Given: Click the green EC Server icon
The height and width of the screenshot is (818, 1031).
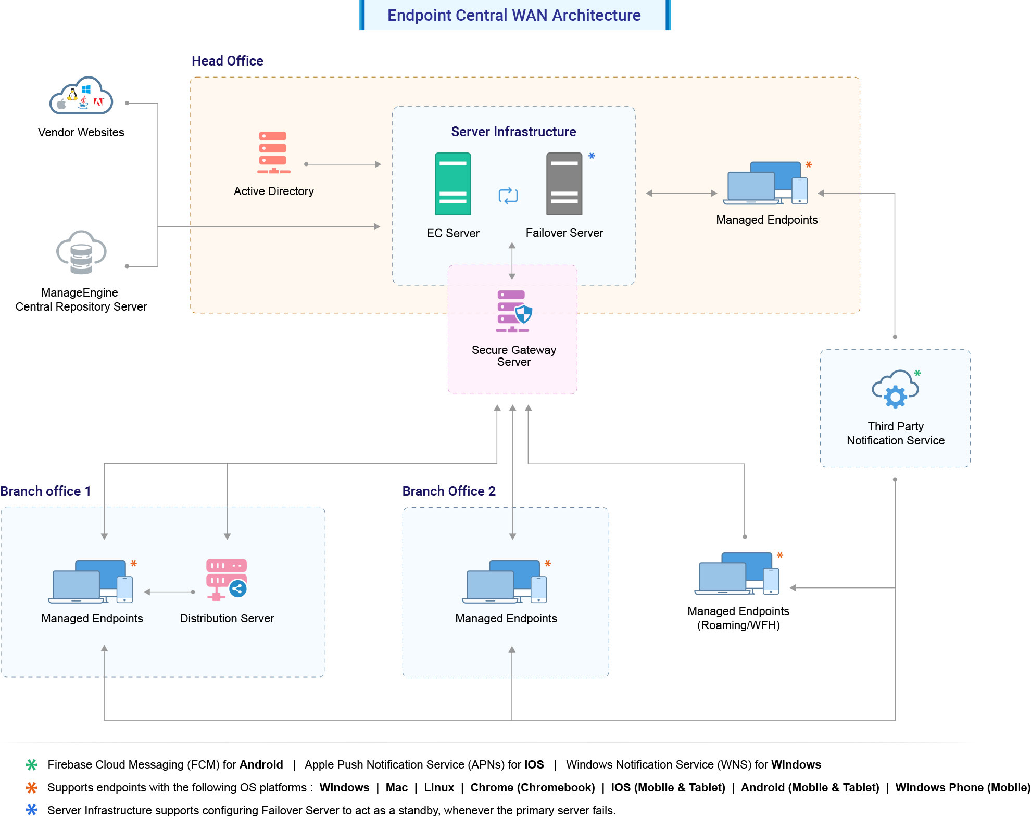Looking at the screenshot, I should click(452, 184).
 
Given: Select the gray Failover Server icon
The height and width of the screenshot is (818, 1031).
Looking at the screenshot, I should click(564, 184).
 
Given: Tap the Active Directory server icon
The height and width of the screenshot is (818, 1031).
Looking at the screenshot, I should click(273, 152).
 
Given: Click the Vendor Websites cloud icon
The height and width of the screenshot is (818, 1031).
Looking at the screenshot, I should click(81, 96).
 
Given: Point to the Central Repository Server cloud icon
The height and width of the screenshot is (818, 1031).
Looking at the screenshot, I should click(81, 252).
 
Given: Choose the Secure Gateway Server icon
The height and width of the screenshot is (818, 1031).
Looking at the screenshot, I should click(513, 311).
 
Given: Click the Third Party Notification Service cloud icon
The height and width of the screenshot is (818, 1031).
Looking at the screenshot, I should click(895, 389).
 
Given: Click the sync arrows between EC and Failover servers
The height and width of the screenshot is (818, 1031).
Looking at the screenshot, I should click(508, 196).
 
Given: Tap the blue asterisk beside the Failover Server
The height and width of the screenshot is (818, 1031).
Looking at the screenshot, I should click(592, 156).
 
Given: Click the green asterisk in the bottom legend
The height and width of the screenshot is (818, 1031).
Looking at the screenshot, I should click(32, 764).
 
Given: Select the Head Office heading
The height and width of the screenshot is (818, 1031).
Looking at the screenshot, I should click(228, 61).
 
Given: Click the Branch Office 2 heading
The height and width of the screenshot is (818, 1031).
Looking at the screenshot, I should click(449, 491).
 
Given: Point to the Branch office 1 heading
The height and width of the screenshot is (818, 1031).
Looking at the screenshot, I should click(46, 491).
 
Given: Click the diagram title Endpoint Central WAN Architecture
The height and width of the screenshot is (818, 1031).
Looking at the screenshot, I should click(514, 15).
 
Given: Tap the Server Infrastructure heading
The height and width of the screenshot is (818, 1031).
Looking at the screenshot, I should click(513, 132).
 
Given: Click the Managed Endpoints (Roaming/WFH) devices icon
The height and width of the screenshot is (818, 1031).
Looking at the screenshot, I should click(737, 573).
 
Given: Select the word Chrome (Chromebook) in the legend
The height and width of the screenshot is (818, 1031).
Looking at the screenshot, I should click(532, 787).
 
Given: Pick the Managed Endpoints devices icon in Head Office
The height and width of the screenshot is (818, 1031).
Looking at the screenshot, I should click(765, 183).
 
